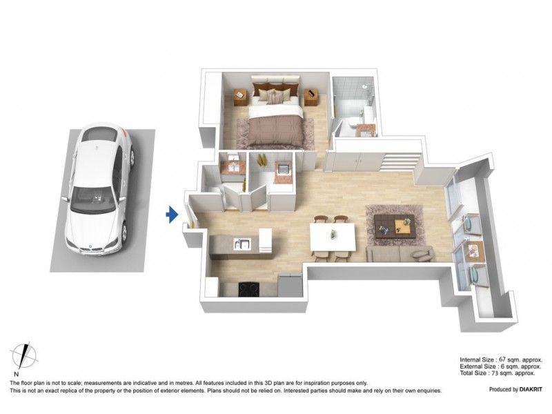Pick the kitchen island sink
241,243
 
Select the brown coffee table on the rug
395,224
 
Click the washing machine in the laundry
282,170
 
